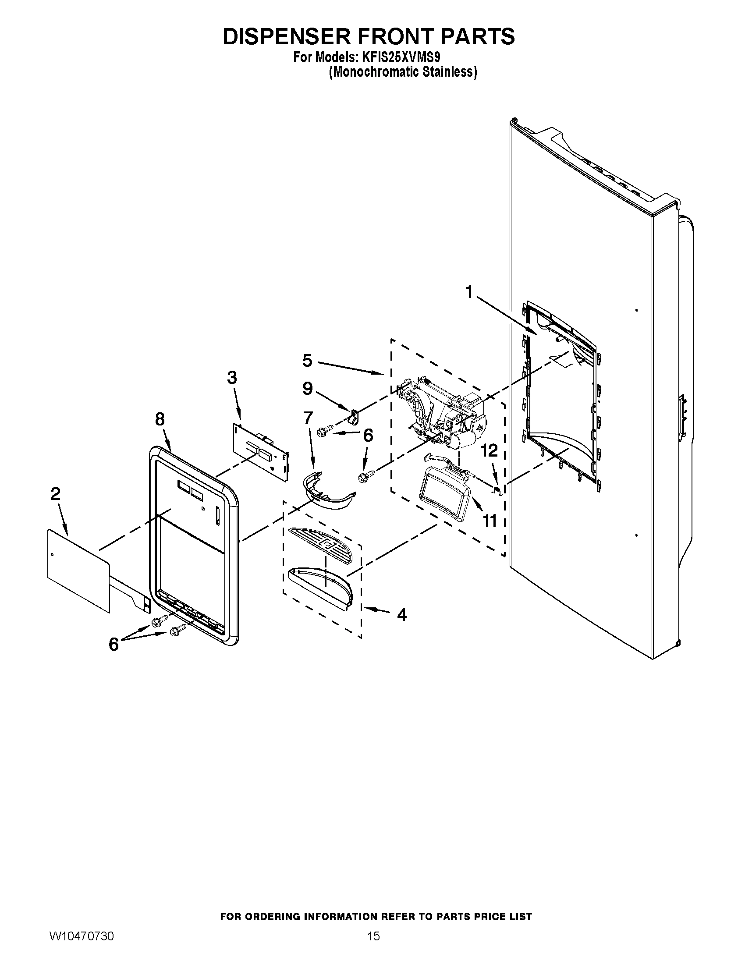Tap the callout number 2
click(x=55, y=494)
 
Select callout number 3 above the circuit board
click(x=232, y=378)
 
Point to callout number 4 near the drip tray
click(x=401, y=614)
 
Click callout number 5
click(x=307, y=361)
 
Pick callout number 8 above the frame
click(x=160, y=419)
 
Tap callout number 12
click(x=489, y=450)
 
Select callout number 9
click(x=308, y=388)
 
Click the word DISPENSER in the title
click(x=287, y=37)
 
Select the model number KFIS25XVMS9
click(x=399, y=58)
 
